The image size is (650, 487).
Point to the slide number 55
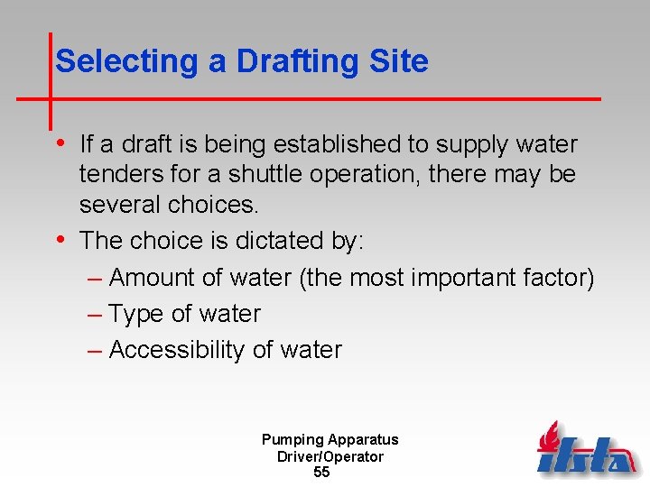coord(321,473)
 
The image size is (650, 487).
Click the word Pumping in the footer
coord(292,440)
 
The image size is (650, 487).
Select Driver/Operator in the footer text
coord(330,456)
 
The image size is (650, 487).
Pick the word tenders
coord(122,174)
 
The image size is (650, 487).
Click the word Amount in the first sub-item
coord(151,278)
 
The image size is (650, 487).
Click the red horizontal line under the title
coord(361,97)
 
